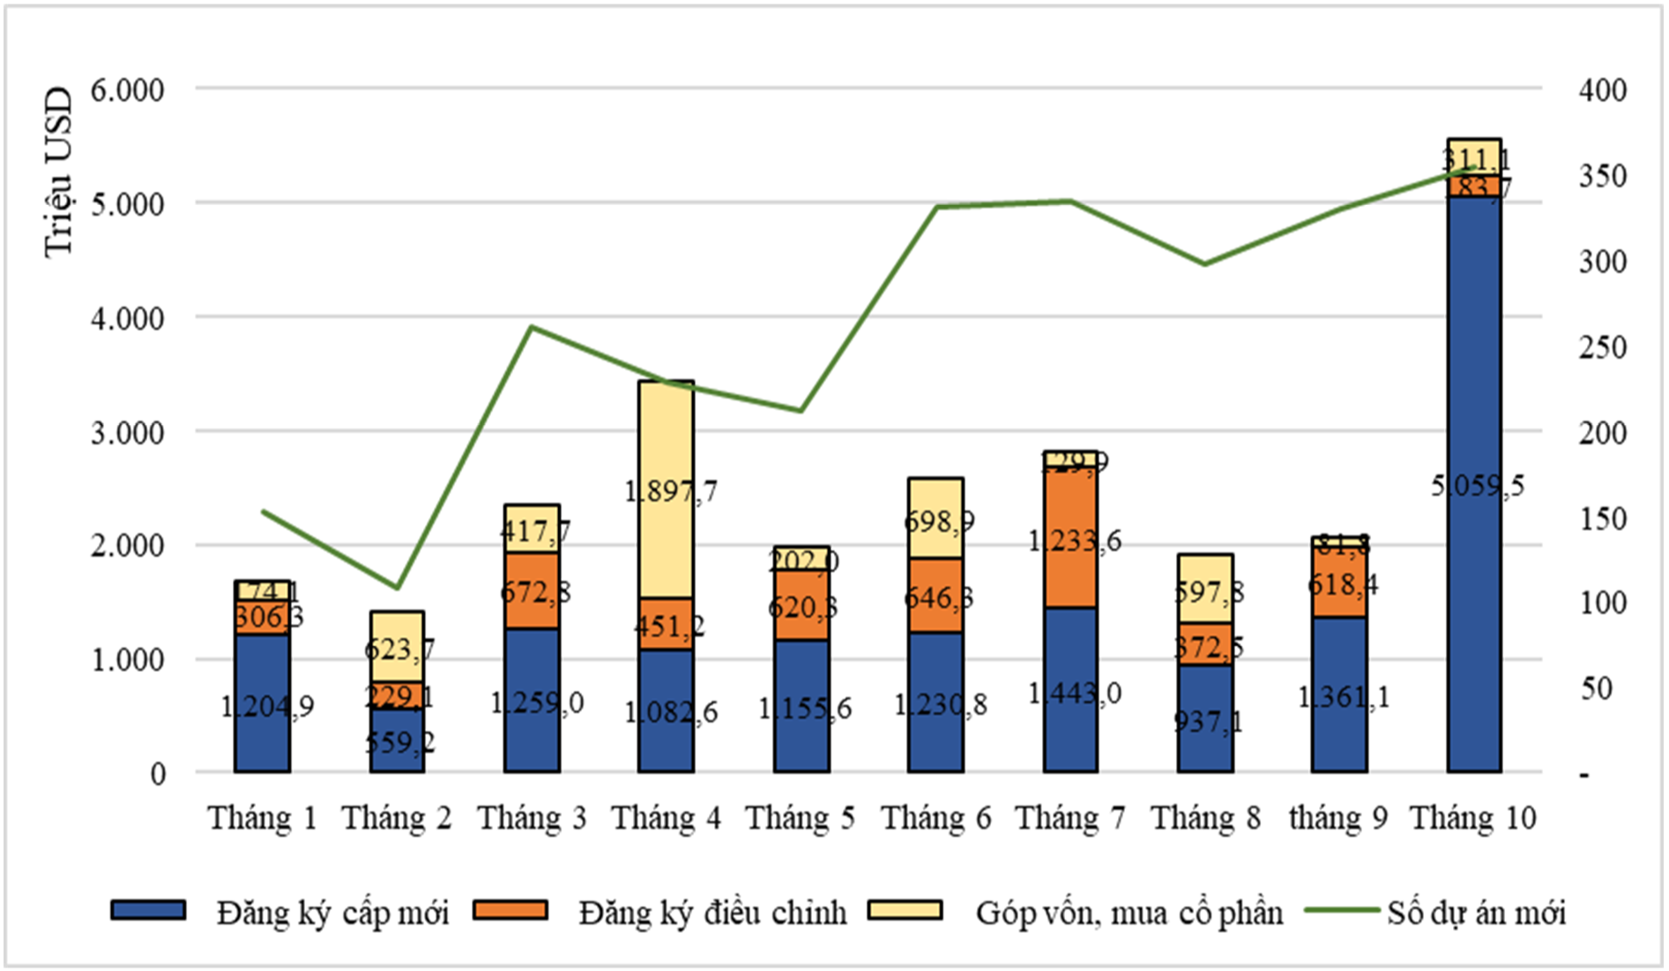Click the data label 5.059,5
(1477, 486)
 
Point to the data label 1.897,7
(671, 490)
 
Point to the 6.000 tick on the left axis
(127, 90)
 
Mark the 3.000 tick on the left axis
(127, 433)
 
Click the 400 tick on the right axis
(1602, 90)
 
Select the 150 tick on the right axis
(1602, 519)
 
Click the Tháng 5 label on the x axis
(801, 818)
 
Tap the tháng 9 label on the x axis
(1338, 818)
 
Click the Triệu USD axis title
(57, 172)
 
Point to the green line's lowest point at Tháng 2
(397, 587)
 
